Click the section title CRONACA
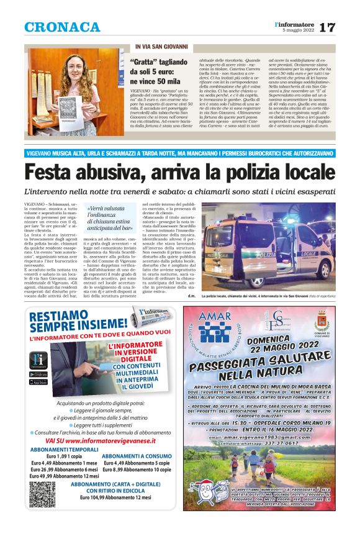tap(62, 27)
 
